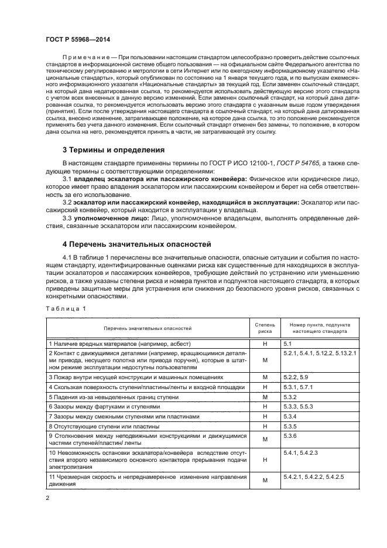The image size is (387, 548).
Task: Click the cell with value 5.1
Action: [287, 343]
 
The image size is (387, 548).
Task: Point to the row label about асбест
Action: [120, 343]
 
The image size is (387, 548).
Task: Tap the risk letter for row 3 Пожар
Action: [265, 377]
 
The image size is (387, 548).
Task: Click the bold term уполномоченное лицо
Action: [113, 218]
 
